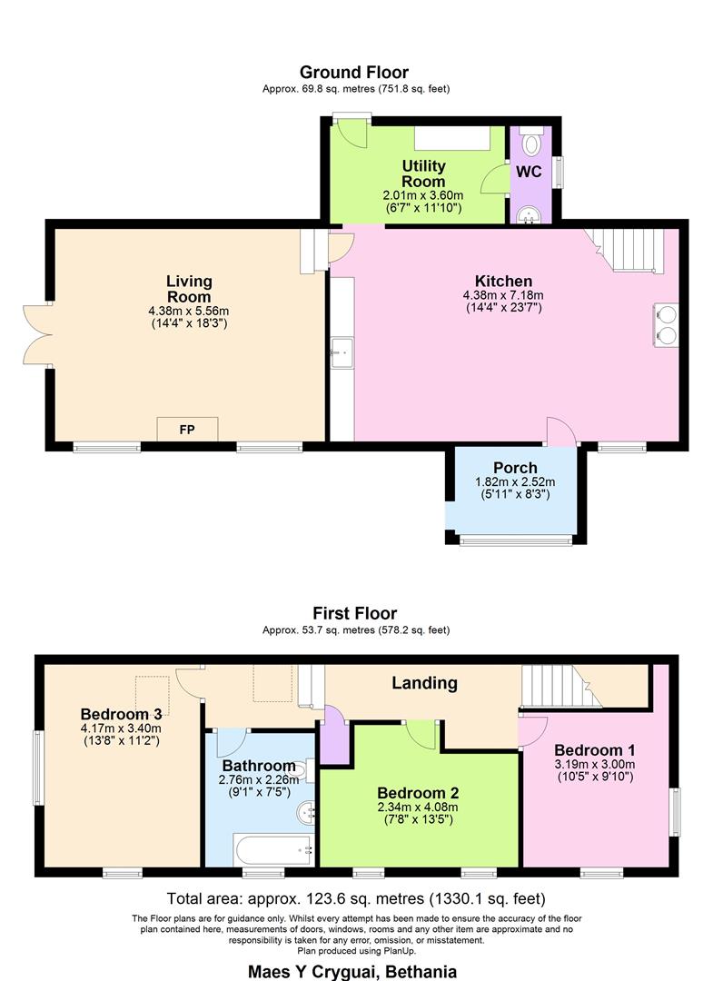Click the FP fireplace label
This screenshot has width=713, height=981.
pos(187,430)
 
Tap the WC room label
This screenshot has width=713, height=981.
pos(530,172)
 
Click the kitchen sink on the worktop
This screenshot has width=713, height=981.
pos(342,353)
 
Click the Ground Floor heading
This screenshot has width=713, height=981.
pos(354,73)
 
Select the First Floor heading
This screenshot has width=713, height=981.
pos(354,613)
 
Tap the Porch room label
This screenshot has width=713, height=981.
pos(515,468)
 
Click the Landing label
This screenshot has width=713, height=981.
pos(425,683)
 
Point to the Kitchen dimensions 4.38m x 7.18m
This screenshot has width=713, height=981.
pos(503,295)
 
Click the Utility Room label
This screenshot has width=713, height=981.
pos(423,173)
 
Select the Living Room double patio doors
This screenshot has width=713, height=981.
pos(37,334)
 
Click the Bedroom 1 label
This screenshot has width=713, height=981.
pos(595,750)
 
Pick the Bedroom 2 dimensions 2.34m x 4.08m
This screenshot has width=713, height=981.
pos(418,808)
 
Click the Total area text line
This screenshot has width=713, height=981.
pos(356,899)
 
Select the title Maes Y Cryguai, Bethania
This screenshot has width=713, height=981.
pos(352,972)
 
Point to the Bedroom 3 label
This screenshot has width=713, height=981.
pos(122,715)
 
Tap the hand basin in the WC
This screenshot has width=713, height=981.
pos(530,216)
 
